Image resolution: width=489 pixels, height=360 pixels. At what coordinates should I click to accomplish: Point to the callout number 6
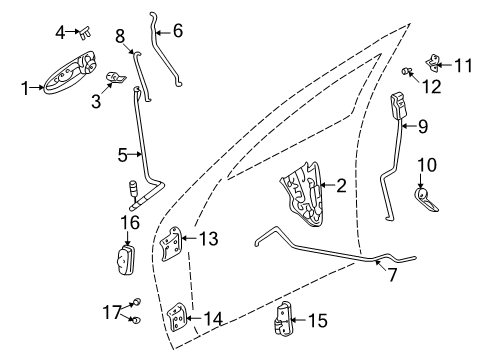click(x=178, y=31)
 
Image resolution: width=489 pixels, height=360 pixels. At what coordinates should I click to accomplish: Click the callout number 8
click(x=121, y=37)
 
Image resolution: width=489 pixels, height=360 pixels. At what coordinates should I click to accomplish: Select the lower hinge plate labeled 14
click(x=179, y=320)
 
